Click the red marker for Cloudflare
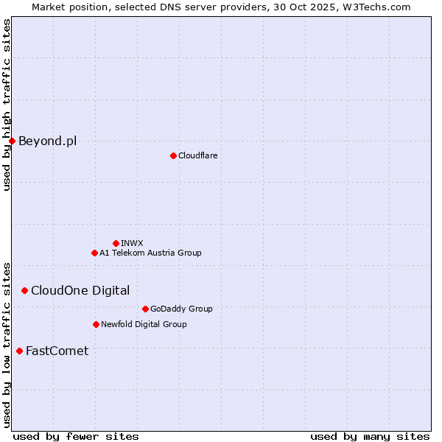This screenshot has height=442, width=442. pos(173,155)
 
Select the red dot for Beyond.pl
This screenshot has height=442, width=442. pos(12,141)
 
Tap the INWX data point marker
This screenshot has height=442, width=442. pos(116,243)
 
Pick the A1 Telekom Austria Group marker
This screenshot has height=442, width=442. pos(94,253)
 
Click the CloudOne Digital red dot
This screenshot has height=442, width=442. pos(24,290)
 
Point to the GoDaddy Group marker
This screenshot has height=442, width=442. pos(145,309)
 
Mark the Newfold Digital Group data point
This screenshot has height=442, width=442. pos(96,324)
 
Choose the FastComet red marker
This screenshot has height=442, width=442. pos(19,351)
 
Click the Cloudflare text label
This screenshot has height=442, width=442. pos(197,155)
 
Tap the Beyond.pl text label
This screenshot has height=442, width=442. pos(47,141)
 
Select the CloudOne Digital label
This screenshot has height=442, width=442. pos(80,290)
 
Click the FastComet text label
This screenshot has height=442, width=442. pos(57,351)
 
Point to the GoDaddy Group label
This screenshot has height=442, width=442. pos(181,309)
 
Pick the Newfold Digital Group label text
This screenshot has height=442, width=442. pos(144,324)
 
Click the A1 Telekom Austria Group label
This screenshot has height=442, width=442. pos(150,253)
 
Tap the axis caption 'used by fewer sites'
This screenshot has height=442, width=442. pos(76,436)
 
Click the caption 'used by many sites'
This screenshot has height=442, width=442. pos(370,436)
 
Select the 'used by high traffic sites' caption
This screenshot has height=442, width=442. pos(7,105)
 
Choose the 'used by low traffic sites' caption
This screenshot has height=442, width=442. pos(7,344)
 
